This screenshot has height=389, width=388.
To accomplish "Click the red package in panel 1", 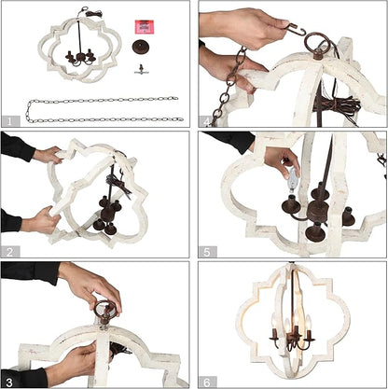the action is tap(145, 27).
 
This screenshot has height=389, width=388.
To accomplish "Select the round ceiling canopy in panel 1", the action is tap(142, 47).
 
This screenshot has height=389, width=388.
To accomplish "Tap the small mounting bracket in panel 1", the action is tap(142, 69).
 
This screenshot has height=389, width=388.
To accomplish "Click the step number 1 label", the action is tap(9, 121).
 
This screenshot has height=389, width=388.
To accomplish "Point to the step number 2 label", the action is tap(9, 252).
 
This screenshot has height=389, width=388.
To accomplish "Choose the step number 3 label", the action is tap(9, 382).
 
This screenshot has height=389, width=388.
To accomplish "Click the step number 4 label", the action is tap(206, 122).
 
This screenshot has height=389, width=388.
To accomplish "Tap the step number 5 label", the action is tap(207, 252).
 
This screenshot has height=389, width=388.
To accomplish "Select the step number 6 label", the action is tap(207, 382).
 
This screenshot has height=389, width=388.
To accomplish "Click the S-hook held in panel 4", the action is tap(296, 30).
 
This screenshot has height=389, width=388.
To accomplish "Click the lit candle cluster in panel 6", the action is tap(291, 332).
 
